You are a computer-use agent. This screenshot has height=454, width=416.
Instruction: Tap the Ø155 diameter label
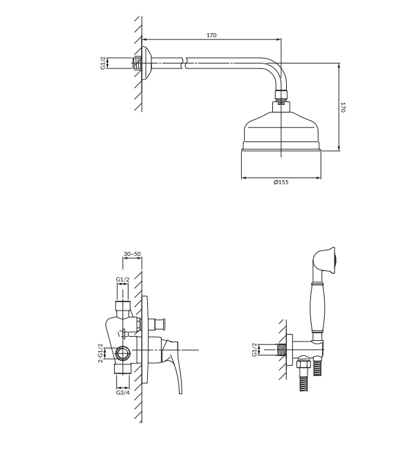(x=281, y=182)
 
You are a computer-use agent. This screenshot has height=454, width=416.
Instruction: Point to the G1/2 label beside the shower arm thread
(x=103, y=63)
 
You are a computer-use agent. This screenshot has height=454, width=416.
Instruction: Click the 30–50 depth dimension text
(x=132, y=254)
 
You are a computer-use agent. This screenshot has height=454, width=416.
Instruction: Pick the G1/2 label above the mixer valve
(x=122, y=279)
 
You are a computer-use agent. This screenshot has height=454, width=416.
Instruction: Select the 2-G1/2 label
(x=100, y=353)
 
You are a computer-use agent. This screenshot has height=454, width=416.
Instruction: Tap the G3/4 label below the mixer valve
(x=123, y=393)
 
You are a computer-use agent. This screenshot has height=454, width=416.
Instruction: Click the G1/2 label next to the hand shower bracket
(x=254, y=350)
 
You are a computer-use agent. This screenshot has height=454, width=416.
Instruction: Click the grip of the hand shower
(x=318, y=308)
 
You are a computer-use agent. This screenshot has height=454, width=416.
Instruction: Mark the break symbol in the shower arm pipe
(x=184, y=63)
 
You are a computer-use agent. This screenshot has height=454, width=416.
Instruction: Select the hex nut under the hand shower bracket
(x=303, y=363)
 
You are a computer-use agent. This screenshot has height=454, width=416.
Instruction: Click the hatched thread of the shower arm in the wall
(x=137, y=63)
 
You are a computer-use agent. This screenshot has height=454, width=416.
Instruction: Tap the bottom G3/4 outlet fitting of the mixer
(x=123, y=369)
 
